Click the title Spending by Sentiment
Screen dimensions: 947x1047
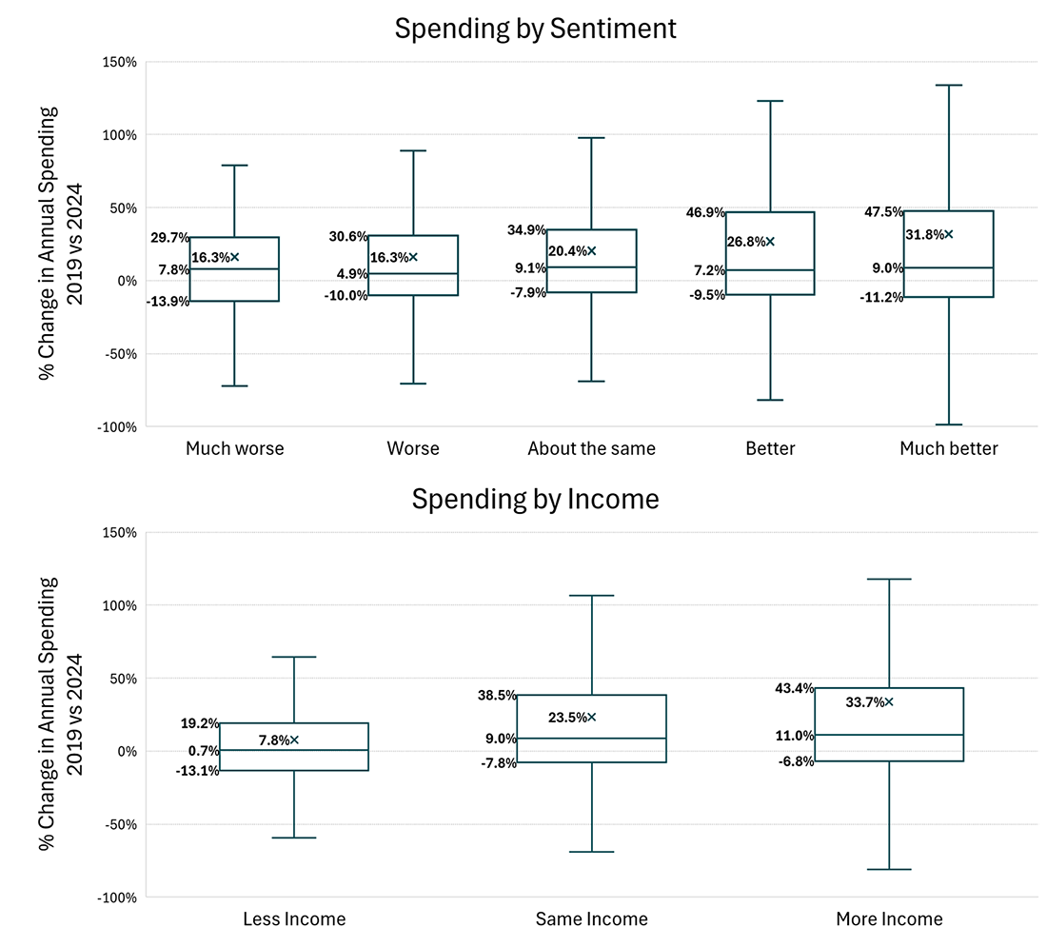(535, 29)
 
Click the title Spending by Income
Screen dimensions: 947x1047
(535, 499)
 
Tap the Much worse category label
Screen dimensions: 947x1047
(234, 448)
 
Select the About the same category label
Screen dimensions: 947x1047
(591, 448)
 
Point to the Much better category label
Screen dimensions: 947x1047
(948, 448)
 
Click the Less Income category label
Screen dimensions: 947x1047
(294, 919)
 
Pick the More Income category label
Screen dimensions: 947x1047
(889, 919)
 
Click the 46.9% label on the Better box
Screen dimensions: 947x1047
(704, 212)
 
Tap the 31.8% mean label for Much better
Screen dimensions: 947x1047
(923, 234)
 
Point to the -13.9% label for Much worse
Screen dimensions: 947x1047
(168, 302)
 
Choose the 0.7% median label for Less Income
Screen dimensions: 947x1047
(204, 751)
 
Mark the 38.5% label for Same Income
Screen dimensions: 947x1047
(497, 696)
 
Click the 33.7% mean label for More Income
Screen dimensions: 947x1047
(863, 702)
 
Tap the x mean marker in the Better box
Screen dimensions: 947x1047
(770, 242)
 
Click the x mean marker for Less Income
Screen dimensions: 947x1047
(294, 740)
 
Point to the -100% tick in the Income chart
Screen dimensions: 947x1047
(118, 898)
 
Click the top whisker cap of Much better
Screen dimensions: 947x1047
(948, 85)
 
